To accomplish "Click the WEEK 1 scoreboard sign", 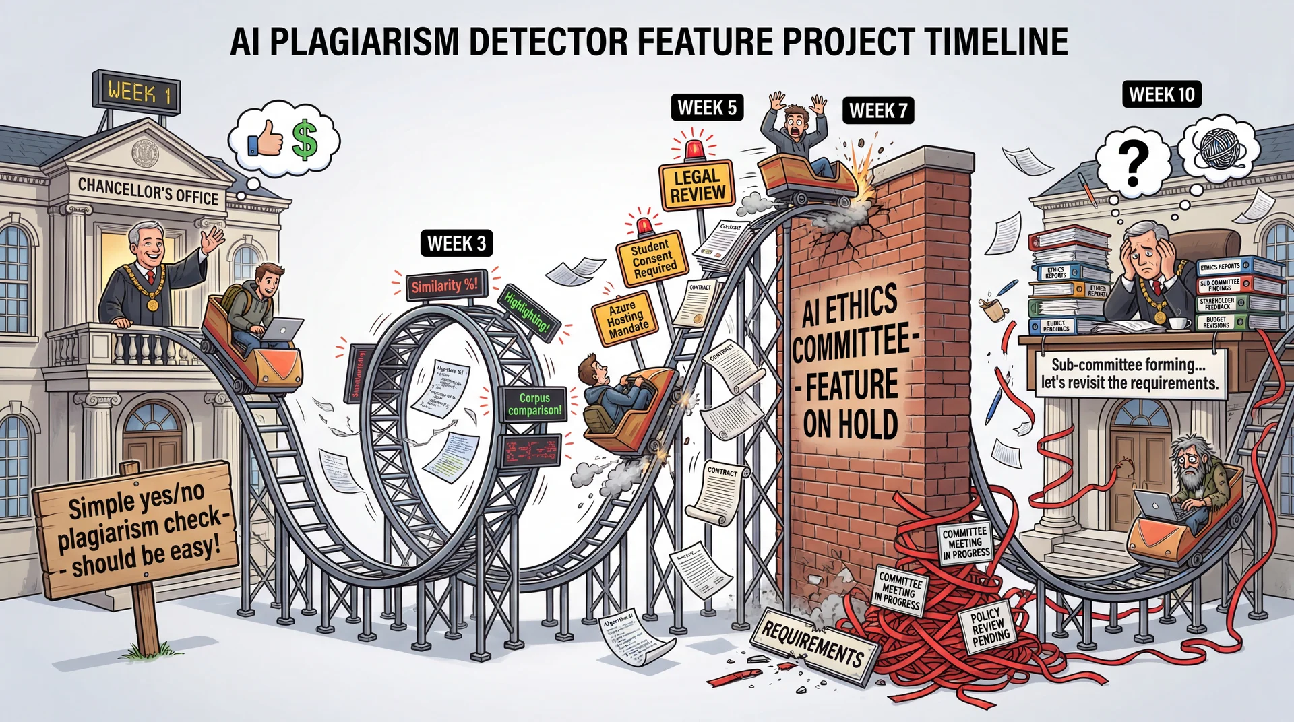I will pyautogui.click(x=135, y=91).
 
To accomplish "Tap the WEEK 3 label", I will pyautogui.click(x=456, y=243).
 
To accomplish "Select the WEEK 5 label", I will pyautogui.click(x=707, y=108).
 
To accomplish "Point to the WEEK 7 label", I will pyautogui.click(x=878, y=110).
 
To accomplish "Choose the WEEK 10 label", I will pyautogui.click(x=1161, y=94).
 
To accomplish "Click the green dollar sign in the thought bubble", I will pyautogui.click(x=305, y=139).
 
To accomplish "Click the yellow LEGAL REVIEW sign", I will pyautogui.click(x=697, y=186).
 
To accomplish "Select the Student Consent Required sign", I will pyautogui.click(x=652, y=258).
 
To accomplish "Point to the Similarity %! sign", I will pyautogui.click(x=444, y=286).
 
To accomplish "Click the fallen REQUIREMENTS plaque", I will pyautogui.click(x=813, y=645).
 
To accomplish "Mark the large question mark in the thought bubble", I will pyautogui.click(x=1133, y=162).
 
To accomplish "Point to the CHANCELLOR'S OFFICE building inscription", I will pyautogui.click(x=148, y=191).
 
